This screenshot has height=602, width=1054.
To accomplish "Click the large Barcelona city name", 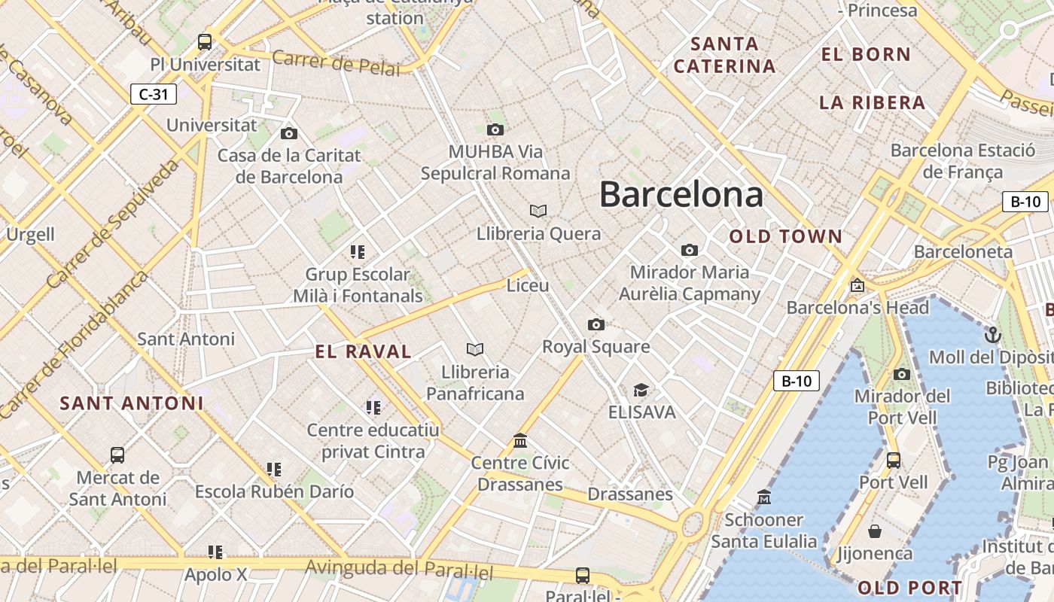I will click(x=681, y=194).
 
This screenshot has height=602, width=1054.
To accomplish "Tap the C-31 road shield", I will click(x=154, y=94).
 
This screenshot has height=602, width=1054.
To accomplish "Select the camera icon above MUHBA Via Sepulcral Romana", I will click(x=495, y=129).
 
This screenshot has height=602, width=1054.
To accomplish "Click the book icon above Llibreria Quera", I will click(x=538, y=211).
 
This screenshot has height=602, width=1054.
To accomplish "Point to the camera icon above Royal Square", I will click(x=596, y=324).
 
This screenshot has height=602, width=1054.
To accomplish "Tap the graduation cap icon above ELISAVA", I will click(x=641, y=390).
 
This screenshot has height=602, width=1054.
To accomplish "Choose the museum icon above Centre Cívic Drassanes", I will click(x=520, y=440).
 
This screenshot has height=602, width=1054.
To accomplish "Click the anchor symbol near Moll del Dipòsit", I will click(x=993, y=334).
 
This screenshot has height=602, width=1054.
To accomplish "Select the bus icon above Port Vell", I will click(x=894, y=460).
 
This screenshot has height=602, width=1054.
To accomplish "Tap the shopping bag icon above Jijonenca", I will click(x=875, y=531).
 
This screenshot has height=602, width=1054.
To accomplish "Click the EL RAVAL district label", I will click(x=364, y=351).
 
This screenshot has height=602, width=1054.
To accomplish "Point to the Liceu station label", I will click(x=528, y=286).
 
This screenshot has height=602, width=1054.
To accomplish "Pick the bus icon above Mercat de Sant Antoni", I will click(x=117, y=455).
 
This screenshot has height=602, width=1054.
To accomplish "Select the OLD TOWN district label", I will click(x=786, y=236).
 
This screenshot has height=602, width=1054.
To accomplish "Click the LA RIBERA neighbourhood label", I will click(x=872, y=103).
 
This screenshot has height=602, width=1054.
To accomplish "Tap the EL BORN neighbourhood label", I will click(x=866, y=54).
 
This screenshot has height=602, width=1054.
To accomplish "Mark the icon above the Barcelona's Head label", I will click(x=857, y=285).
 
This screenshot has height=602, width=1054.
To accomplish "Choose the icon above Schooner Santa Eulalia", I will click(x=764, y=497).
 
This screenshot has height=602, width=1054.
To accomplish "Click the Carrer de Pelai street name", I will click(x=336, y=63).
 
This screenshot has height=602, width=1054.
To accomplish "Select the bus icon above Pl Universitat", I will click(x=205, y=42).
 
